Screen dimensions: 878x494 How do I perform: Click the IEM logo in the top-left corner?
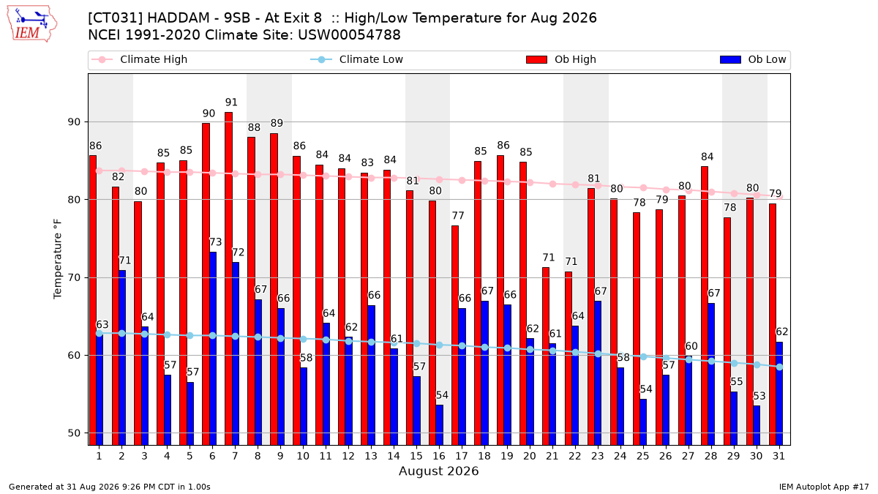tap(32, 24)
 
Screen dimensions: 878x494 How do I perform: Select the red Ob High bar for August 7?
tap(228, 278)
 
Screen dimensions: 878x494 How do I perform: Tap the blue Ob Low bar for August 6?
tap(213, 348)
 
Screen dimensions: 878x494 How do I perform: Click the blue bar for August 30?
tap(757, 425)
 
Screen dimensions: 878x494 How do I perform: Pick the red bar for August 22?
tap(569, 359)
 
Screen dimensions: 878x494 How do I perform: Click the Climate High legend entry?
tap(139, 59)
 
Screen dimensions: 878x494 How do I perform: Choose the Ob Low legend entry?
tap(753, 59)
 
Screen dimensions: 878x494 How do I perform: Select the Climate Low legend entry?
tap(357, 59)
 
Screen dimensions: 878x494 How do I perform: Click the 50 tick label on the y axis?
tap(74, 433)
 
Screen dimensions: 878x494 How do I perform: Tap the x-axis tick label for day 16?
tap(439, 456)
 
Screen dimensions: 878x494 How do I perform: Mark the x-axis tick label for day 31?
tap(778, 456)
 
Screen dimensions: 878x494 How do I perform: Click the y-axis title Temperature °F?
tap(58, 259)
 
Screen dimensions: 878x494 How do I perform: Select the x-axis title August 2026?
tap(439, 471)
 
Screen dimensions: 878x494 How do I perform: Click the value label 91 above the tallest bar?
tap(231, 102)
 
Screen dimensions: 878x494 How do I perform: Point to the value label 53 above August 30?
tap(759, 396)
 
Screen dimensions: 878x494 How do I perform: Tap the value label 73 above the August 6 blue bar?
tap(216, 242)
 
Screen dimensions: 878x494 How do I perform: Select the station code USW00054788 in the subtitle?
tap(349, 35)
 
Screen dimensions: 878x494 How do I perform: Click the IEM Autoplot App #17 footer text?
tap(824, 487)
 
